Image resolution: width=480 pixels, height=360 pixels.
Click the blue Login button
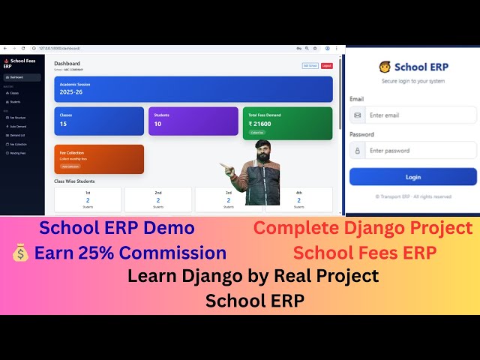[412, 177]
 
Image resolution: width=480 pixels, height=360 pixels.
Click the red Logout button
[326, 66]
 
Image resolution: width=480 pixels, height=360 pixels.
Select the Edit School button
[310, 66]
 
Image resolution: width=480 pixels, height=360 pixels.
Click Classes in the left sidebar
[14, 93]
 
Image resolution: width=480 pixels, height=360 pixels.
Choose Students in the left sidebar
[15, 101]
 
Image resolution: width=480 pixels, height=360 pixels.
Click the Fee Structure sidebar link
[17, 118]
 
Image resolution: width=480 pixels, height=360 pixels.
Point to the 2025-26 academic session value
[72, 93]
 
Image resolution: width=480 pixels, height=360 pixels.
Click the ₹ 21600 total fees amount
[260, 124]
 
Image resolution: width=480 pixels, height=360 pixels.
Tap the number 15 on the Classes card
[63, 124]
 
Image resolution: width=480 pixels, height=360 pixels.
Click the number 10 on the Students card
[157, 124]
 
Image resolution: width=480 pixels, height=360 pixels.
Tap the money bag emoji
[20, 253]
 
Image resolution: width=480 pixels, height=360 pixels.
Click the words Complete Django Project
[362, 228]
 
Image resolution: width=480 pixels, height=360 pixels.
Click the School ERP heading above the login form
[421, 67]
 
